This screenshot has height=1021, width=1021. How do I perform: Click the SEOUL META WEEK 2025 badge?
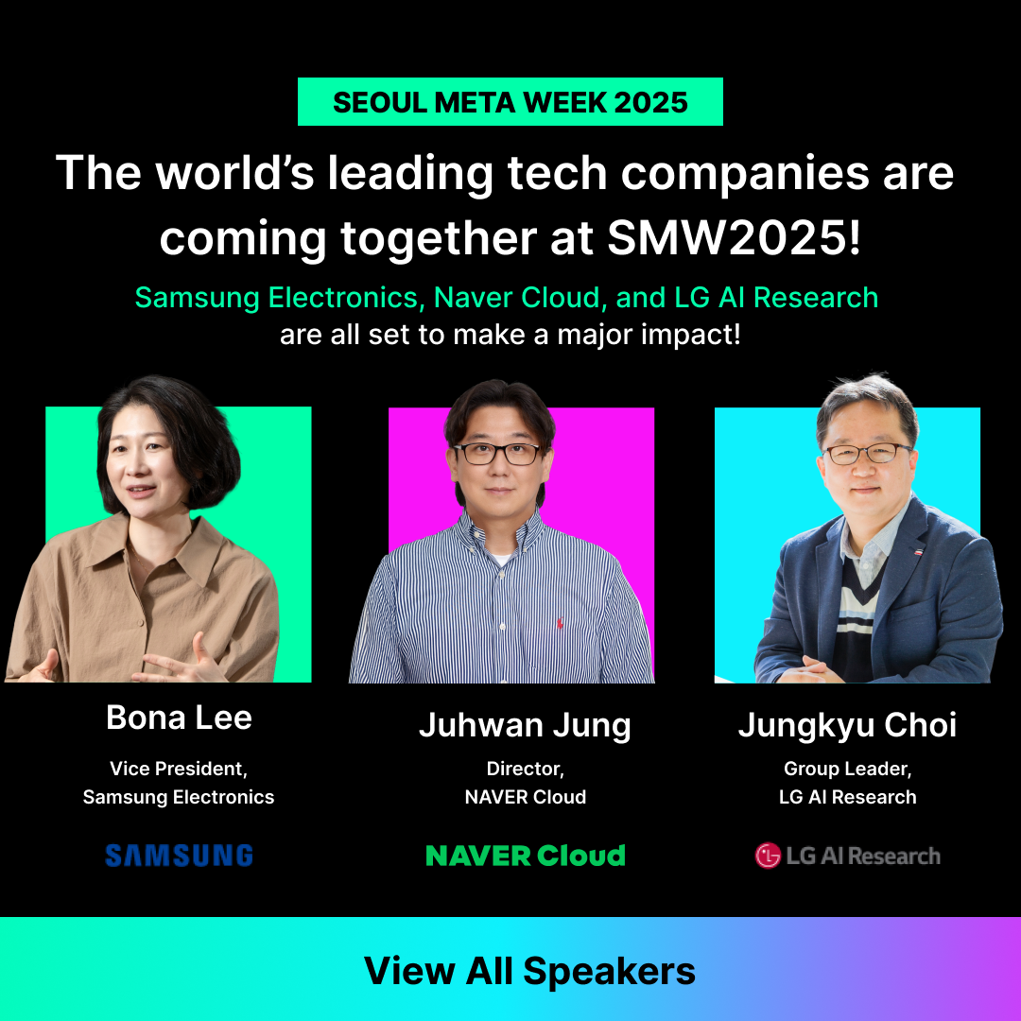click(x=510, y=101)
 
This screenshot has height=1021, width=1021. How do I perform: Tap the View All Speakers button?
click(x=510, y=969)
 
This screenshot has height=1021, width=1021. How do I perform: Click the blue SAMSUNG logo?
click(x=179, y=855)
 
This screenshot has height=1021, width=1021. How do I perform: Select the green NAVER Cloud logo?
click(x=526, y=855)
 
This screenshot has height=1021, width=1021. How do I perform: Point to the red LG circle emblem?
click(x=768, y=856)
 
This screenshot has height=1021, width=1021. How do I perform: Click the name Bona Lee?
click(x=179, y=718)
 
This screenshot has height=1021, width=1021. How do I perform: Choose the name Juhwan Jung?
click(x=526, y=725)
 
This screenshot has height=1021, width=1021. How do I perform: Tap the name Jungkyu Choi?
click(x=847, y=725)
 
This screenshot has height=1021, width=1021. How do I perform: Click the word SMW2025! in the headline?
click(x=734, y=237)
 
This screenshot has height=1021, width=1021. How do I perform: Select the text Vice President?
click(x=179, y=769)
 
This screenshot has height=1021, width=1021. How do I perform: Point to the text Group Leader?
click(x=847, y=769)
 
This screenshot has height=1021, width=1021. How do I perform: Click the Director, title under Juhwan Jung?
click(x=526, y=769)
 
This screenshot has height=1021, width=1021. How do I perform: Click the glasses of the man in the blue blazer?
click(x=867, y=453)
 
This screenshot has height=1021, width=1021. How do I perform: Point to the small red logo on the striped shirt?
click(x=560, y=623)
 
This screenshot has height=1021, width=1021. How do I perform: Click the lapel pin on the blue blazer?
click(x=917, y=551)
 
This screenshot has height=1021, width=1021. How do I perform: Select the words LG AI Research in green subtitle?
click(x=776, y=298)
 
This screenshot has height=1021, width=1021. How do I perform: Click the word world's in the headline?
click(x=234, y=173)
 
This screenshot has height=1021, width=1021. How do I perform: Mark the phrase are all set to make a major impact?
click(x=510, y=335)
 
